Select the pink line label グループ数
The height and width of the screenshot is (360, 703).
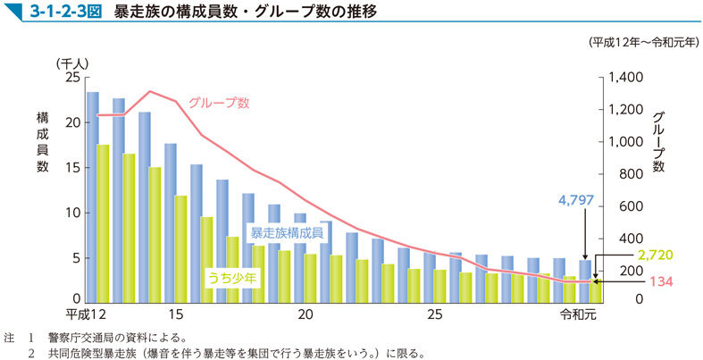(218, 102)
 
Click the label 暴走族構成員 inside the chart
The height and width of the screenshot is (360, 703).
(286, 232)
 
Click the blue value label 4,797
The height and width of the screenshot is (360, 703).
(575, 200)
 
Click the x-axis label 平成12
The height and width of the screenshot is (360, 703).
(88, 314)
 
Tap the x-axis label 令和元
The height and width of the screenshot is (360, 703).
(578, 314)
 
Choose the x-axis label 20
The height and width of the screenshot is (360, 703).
(305, 314)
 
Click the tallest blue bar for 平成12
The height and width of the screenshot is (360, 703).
(92, 197)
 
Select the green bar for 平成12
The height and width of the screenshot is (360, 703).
(103, 223)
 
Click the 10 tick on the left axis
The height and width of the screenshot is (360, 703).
(72, 213)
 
